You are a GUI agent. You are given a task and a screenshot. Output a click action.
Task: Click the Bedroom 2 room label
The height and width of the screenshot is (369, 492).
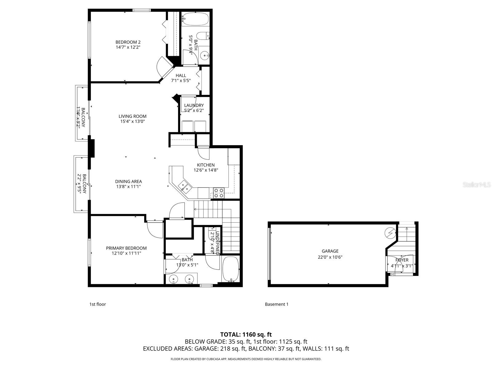pyautogui.click(x=128, y=42)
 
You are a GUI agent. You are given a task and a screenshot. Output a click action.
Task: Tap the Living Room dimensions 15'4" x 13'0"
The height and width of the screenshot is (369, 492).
pyautogui.click(x=133, y=121)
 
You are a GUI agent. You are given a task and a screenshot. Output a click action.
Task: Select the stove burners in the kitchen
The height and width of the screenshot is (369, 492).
pyautogui.click(x=219, y=193)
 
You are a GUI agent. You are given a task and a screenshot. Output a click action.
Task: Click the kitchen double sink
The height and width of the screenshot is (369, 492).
pyautogui.click(x=185, y=185)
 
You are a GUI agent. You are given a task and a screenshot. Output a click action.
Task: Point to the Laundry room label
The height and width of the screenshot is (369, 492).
pyautogui.click(x=194, y=105)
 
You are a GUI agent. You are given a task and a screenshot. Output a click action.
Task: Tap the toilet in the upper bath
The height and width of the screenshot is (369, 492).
pyautogui.click(x=203, y=36)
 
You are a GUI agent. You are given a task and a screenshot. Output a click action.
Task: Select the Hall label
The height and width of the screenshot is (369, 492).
pyautogui.click(x=181, y=76)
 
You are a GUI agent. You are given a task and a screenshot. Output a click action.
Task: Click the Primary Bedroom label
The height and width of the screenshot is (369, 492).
pyautogui.click(x=126, y=248)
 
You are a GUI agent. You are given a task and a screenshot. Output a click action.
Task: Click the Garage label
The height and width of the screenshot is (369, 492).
pyautogui.click(x=330, y=251)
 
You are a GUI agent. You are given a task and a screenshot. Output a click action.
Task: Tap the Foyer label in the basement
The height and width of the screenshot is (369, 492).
pyautogui.click(x=402, y=260)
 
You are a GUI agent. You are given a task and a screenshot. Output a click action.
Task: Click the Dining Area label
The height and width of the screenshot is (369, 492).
pyautogui.click(x=129, y=181)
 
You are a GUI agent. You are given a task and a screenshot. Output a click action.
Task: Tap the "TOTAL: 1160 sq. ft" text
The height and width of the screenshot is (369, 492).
pyautogui.click(x=246, y=335)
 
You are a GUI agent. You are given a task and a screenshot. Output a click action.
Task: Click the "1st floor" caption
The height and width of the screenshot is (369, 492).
pyautogui.click(x=97, y=304)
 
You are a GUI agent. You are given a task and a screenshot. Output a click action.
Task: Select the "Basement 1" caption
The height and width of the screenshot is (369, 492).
pyautogui.click(x=276, y=304)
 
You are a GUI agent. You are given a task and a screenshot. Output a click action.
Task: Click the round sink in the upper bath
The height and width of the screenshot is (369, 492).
pyautogui.click(x=204, y=56)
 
